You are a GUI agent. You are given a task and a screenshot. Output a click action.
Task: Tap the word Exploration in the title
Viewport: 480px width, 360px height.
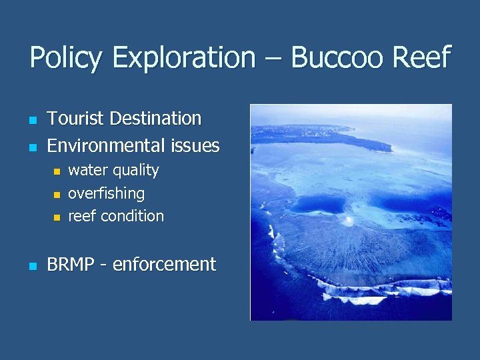(x=184, y=58)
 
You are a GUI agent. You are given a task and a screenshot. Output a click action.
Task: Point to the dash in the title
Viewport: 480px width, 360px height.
(x=274, y=59)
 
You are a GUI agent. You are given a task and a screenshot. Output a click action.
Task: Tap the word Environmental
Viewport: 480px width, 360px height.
(x=104, y=145)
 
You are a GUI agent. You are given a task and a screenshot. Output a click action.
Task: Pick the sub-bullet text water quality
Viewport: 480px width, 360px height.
(x=113, y=171)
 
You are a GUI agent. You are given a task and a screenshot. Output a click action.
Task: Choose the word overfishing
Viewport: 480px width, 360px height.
(x=106, y=194)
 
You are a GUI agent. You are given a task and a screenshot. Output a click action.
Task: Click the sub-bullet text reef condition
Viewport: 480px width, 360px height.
(x=116, y=217)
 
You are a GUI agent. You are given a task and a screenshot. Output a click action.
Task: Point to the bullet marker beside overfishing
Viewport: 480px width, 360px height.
(x=57, y=195)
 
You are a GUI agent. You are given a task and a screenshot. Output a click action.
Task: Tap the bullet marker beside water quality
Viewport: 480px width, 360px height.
(x=57, y=173)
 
